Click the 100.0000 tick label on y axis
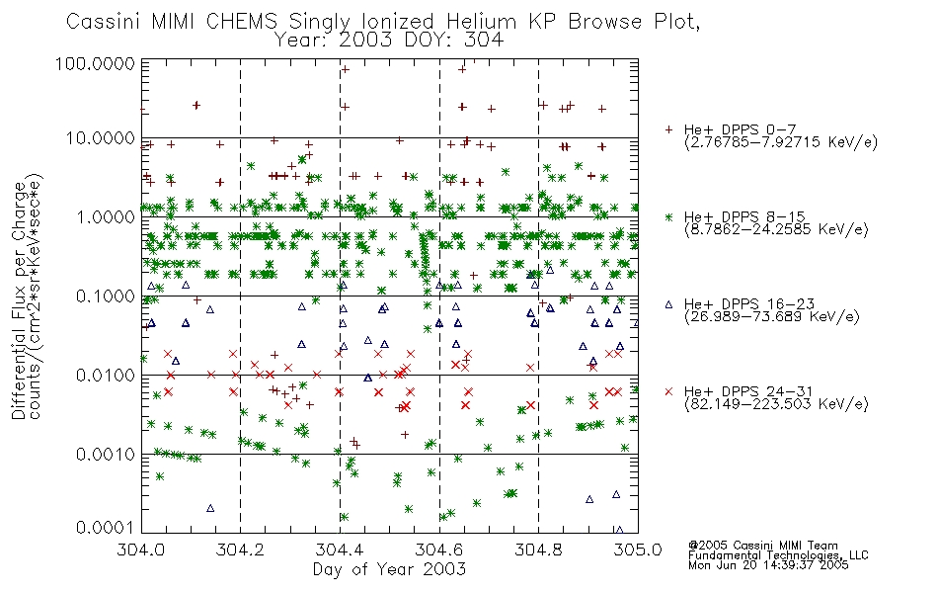tap(95, 63)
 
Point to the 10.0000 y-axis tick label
tap(100, 138)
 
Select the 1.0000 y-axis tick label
tap(106, 216)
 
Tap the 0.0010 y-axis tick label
tap(106, 455)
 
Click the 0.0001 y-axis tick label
tap(106, 528)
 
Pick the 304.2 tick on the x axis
tap(241, 550)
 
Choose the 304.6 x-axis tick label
tap(439, 550)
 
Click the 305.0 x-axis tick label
tap(638, 550)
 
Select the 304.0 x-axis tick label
tap(141, 550)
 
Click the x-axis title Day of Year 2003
tap(389, 569)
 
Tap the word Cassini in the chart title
tap(104, 22)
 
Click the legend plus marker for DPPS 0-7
tap(668, 129)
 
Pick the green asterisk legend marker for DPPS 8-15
tap(668, 216)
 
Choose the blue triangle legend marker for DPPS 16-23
tap(668, 304)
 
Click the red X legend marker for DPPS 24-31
tap(668, 391)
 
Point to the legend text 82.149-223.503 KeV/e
tap(776, 404)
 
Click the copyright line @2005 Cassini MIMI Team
tap(763, 546)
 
